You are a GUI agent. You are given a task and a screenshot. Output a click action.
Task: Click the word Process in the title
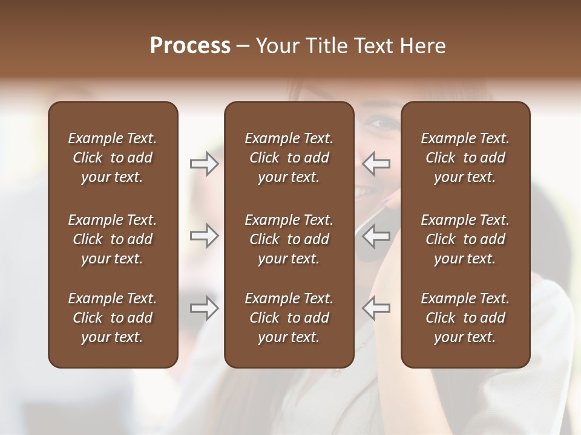190,46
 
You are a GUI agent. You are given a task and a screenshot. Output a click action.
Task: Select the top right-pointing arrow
204,164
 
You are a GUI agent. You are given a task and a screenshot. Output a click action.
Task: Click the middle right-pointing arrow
204,236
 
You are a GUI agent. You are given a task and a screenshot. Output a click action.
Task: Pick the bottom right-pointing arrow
204,308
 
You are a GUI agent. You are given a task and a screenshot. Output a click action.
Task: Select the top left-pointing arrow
376,164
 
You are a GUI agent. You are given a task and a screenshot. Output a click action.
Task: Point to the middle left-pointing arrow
376,236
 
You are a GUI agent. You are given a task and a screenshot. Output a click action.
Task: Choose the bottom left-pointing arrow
376,308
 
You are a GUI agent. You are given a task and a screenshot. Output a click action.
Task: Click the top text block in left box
113,158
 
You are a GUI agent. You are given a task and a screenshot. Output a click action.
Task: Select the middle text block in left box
113,239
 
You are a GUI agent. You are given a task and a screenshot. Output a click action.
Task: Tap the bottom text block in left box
113,318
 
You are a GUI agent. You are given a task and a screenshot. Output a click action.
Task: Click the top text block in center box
289,158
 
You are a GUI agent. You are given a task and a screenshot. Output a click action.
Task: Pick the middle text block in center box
289,239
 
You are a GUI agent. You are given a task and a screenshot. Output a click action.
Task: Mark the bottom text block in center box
289,318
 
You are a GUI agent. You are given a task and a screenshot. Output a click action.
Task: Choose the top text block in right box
465,158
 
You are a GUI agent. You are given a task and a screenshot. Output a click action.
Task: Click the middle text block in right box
465,239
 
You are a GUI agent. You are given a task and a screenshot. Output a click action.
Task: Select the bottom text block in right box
465,318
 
